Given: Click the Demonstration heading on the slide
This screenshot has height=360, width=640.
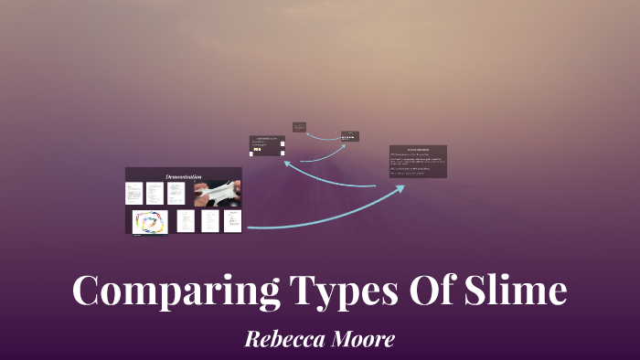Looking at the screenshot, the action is point(184,175).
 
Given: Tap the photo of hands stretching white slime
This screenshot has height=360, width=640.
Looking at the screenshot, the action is point(217,193).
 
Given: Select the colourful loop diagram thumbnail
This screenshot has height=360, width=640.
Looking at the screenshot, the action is point(150,222).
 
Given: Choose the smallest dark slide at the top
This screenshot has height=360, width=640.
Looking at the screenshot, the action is point(299,127).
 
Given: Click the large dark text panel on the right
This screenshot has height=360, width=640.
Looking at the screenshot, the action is point(418,161).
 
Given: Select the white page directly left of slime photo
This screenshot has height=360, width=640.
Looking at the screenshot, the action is point(176,193).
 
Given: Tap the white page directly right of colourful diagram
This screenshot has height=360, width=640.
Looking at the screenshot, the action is point(186,221).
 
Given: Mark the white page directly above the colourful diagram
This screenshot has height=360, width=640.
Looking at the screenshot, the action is point(133,193).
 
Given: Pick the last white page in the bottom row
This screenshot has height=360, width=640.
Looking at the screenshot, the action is point(232,221).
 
